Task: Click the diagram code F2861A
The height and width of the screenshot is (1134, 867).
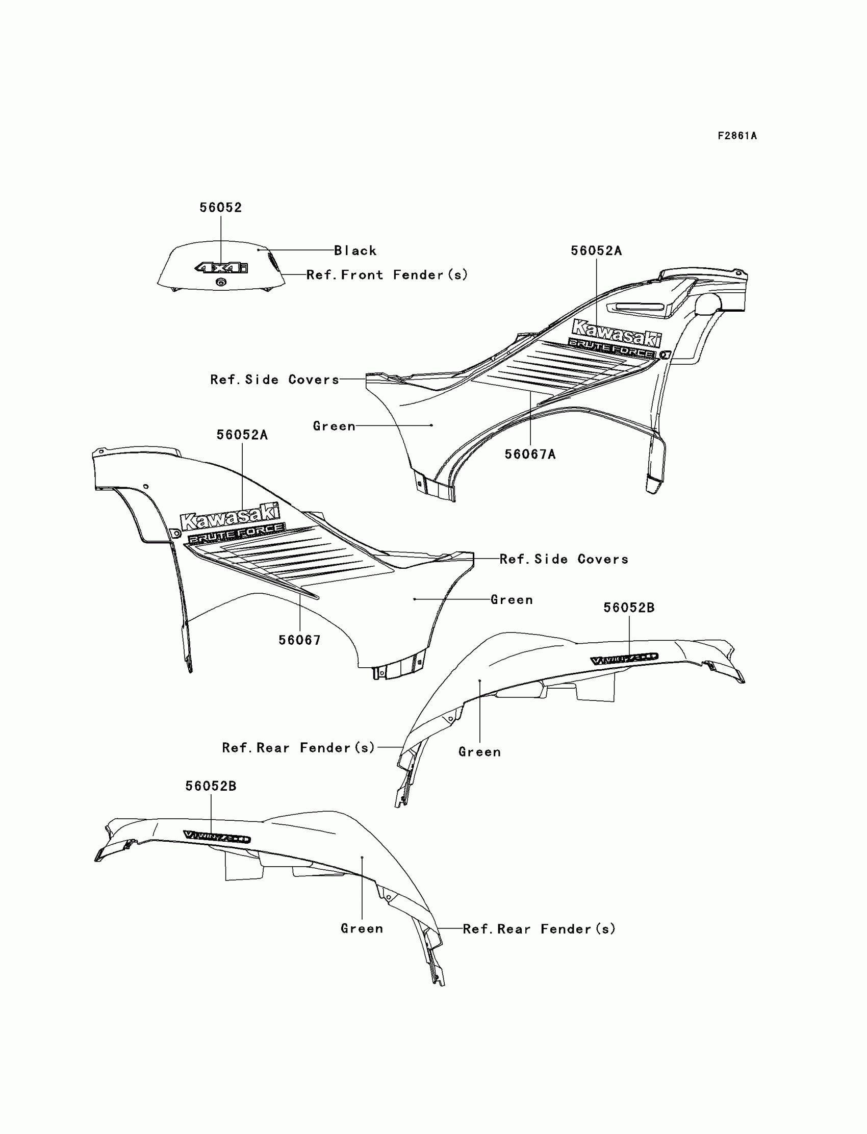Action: click(737, 136)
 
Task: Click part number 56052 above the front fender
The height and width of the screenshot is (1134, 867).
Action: click(221, 208)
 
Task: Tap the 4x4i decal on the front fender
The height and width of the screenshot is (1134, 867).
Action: click(221, 267)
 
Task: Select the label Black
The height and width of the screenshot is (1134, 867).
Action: click(355, 251)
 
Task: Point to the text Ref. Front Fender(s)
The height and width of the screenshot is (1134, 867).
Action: click(387, 275)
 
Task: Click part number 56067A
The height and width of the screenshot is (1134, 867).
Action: click(530, 454)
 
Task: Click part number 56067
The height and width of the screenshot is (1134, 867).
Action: click(299, 640)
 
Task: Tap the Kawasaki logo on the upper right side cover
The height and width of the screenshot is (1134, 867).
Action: click(616, 333)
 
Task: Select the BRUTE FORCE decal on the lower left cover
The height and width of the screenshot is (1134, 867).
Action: click(236, 533)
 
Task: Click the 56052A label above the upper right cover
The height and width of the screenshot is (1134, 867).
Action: click(596, 251)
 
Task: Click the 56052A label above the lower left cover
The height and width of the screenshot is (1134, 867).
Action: click(242, 435)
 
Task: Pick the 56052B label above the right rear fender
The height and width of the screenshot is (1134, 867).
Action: click(629, 608)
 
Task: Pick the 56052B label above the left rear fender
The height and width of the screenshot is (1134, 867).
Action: click(211, 786)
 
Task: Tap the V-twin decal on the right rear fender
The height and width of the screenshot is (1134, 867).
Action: click(624, 659)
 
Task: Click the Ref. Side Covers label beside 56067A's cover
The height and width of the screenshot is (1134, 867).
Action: click(274, 380)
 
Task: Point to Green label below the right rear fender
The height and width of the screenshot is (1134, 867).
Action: click(479, 752)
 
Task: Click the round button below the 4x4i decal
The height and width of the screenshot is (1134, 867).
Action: click(221, 281)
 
